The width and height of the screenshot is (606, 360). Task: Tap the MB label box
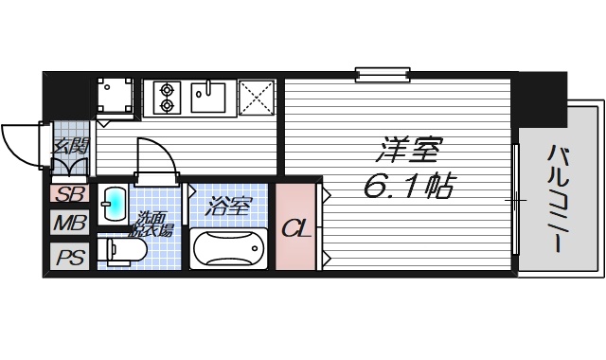click(65, 225)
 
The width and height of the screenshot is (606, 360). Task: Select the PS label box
click(65, 257)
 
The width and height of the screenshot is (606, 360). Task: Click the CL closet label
click(297, 228)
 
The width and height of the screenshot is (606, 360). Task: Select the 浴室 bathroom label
click(230, 203)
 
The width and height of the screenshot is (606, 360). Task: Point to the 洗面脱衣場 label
click(152, 223)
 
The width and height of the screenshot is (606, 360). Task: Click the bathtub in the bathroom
click(230, 248)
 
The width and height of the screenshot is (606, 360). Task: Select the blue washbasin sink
click(114, 203)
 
